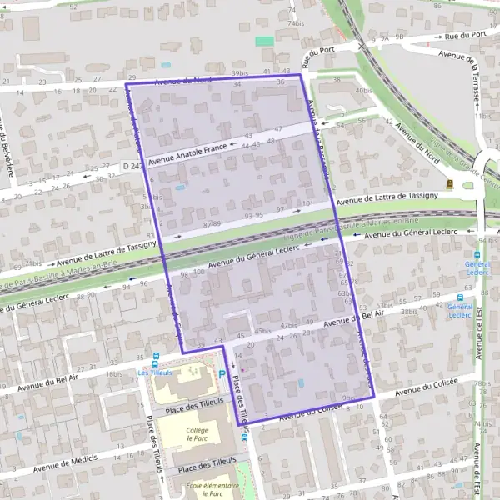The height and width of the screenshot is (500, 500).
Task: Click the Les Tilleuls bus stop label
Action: [x=155, y=372]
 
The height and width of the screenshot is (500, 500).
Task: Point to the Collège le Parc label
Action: [x=197, y=434]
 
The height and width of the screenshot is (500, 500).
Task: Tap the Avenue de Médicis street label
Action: [x=66, y=463]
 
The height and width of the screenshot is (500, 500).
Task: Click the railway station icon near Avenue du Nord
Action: [x=451, y=183]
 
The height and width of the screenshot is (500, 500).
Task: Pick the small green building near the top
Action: [x=264, y=41]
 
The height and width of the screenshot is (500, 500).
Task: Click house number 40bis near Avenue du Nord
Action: [x=363, y=90]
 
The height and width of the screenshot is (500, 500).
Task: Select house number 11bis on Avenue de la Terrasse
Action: [x=484, y=116]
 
